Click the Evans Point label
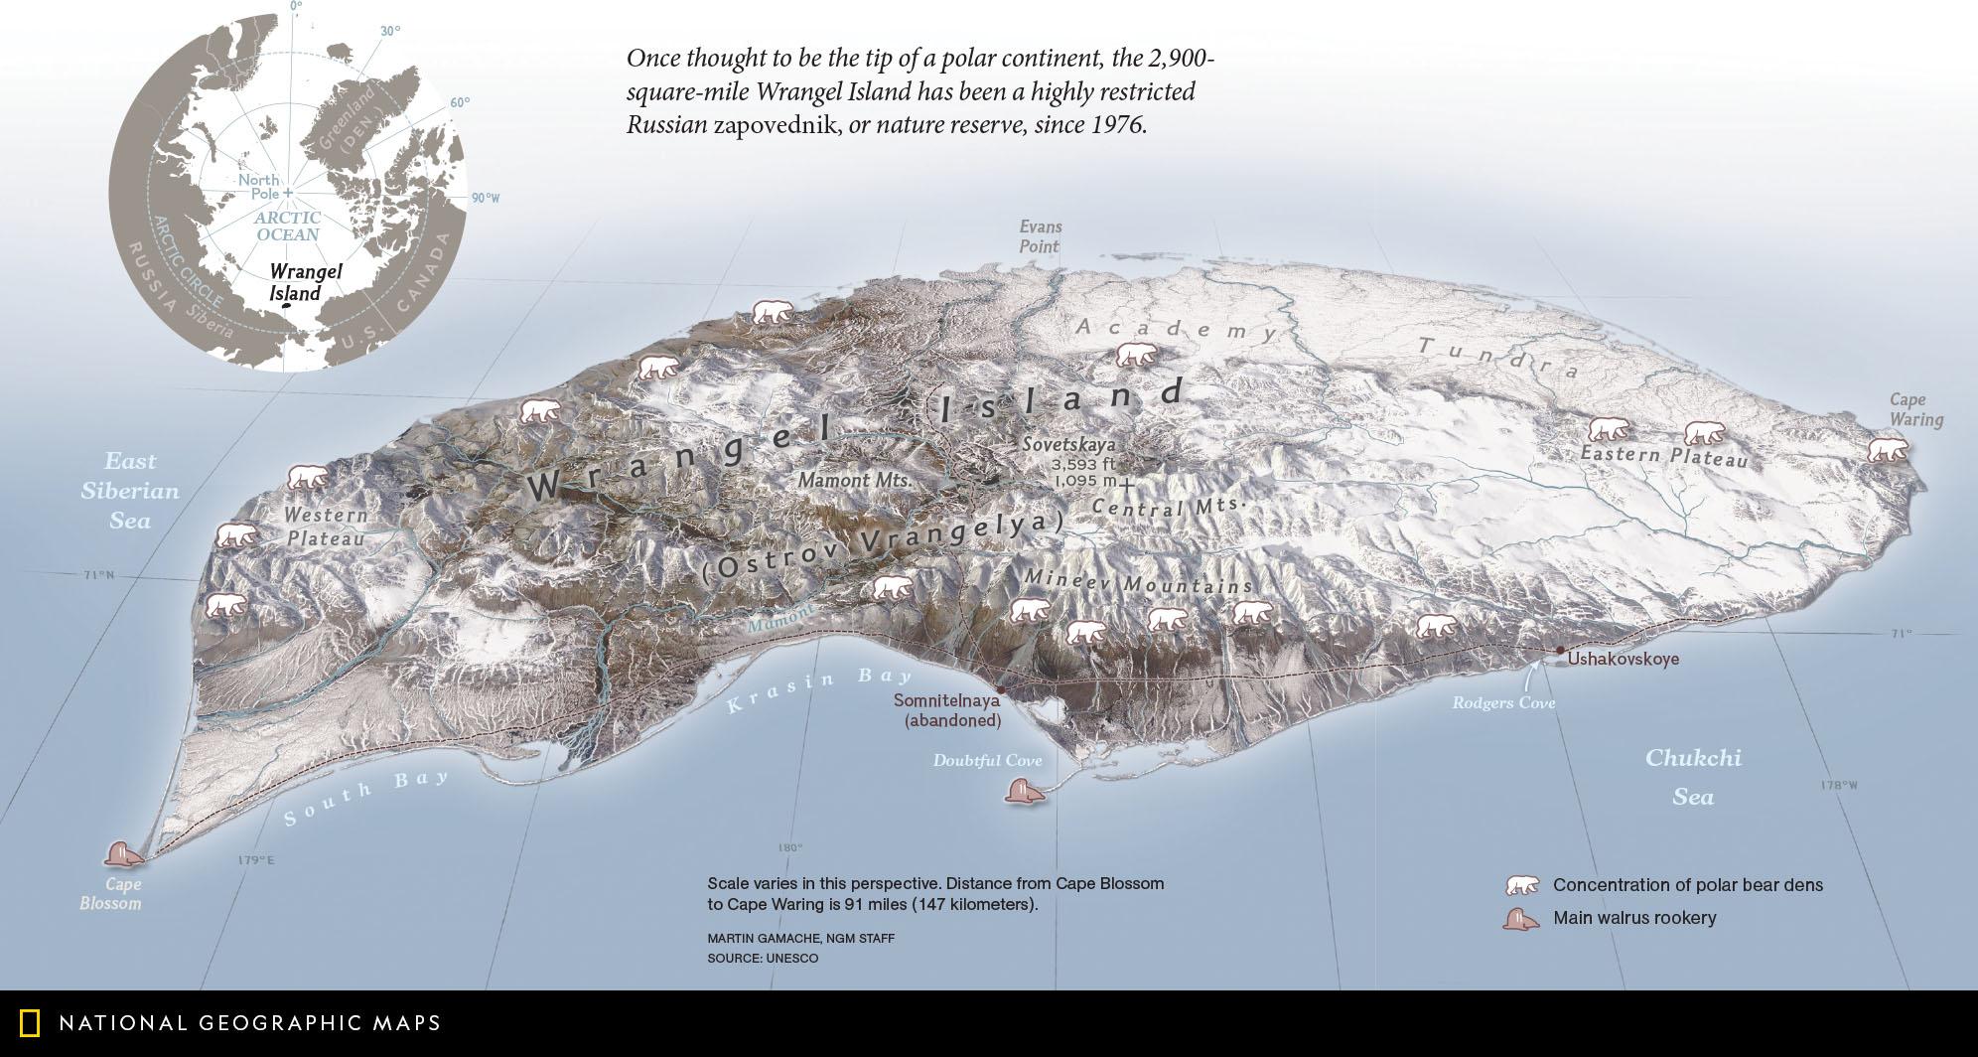tap(1040, 236)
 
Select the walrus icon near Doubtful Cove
tap(1024, 792)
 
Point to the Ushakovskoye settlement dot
tap(1560, 650)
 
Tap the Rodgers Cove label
tap(1503, 702)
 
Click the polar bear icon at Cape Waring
tap(1888, 450)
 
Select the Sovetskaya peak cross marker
tap(1126, 483)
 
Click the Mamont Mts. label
tap(854, 480)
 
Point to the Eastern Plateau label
tap(1663, 457)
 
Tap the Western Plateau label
tap(325, 527)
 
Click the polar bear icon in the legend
tap(1521, 885)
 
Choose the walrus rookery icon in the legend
tap(1521, 919)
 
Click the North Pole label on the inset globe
tap(258, 186)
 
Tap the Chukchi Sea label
tap(1693, 777)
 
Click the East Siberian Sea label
tap(130, 491)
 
